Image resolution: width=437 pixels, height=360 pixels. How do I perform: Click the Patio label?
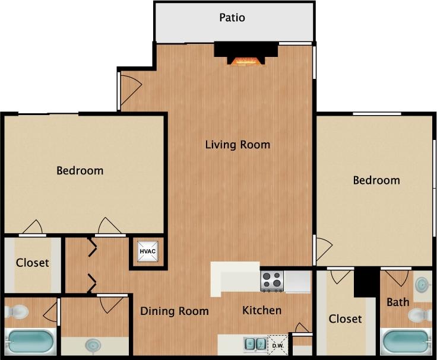coord(232,17)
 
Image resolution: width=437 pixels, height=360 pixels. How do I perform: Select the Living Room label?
coord(237,144)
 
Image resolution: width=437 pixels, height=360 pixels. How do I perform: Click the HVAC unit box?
coord(147,251)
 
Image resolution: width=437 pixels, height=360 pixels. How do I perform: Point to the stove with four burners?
coord(272,280)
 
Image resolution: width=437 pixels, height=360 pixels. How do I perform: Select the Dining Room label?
coord(174,311)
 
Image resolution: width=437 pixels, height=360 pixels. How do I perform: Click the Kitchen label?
coord(262,310)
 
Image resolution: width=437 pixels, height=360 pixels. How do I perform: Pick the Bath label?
coord(398,302)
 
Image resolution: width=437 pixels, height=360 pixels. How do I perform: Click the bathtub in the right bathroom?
coord(406,342)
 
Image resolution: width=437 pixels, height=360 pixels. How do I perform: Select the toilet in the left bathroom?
coord(18,311)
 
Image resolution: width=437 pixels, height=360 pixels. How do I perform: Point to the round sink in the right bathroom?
coord(422,285)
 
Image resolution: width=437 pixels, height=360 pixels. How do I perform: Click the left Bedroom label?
coord(80,171)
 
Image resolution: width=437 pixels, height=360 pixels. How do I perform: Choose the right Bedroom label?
coord(376,180)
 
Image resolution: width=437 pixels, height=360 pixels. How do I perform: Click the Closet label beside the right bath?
coord(345,319)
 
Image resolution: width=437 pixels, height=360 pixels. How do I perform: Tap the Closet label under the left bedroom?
coord(32,262)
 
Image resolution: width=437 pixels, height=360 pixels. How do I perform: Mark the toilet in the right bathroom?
coord(422,314)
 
